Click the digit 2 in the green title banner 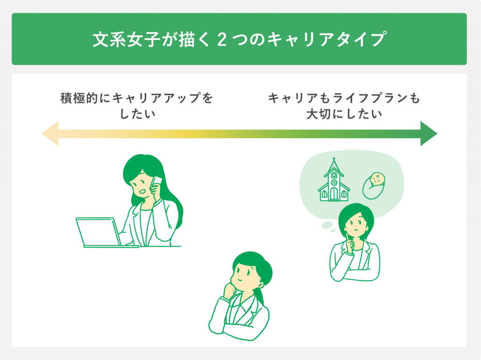coord(222,39)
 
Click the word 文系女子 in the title coord(126,39)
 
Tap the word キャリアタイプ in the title coord(326,39)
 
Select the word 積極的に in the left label coord(85,98)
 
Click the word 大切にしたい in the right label coord(344,114)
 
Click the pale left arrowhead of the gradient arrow coord(50,133)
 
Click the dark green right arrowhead coord(428,133)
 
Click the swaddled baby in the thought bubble coord(374,186)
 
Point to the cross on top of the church coord(334,160)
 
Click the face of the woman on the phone coord(140,187)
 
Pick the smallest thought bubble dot coord(333,230)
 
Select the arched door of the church coord(334,194)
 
